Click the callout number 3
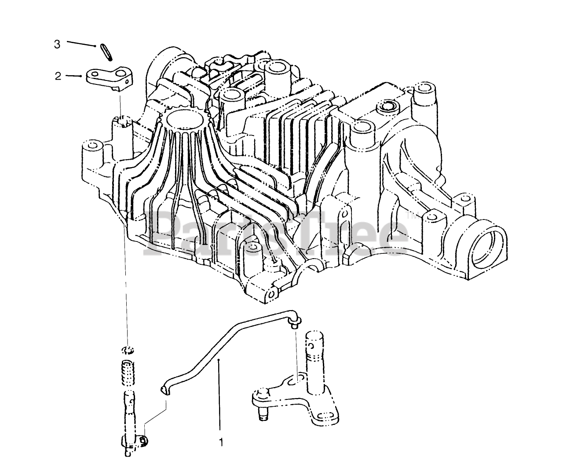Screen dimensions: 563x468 coord(57,44)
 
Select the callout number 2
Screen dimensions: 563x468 coord(58,76)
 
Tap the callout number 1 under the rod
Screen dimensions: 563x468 coord(221,442)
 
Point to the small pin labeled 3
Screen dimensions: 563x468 coord(106,52)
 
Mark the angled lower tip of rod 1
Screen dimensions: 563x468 coord(164,390)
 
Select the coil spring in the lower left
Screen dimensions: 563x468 coord(128,373)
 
